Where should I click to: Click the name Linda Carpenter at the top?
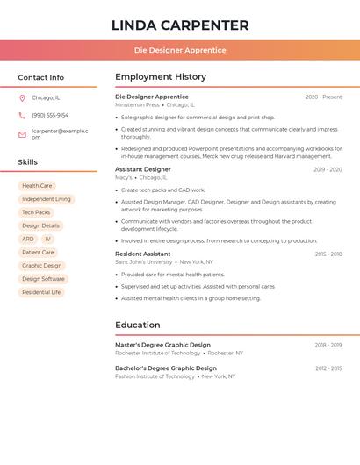[x=180, y=25]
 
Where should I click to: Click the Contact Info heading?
[x=40, y=77]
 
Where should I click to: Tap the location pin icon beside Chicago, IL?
[x=22, y=97]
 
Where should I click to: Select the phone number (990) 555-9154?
[x=50, y=115]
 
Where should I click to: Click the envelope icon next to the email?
[x=22, y=134]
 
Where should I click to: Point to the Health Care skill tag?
[x=37, y=186]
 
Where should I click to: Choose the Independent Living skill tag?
[x=47, y=199]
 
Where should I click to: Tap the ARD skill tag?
[x=28, y=239]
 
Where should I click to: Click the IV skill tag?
[x=47, y=239]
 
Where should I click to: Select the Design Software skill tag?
[x=43, y=279]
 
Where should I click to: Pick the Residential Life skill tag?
[x=41, y=292]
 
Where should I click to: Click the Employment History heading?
[x=161, y=77]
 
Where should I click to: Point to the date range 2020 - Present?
[x=323, y=97]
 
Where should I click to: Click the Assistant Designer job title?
[x=143, y=169]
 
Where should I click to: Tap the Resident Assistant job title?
[x=143, y=254]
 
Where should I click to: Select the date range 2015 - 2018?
[x=328, y=254]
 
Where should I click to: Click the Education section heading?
[x=138, y=325]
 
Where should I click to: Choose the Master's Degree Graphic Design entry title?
[x=162, y=345]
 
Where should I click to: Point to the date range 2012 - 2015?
[x=328, y=368]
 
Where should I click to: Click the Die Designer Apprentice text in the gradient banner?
[x=180, y=50]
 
